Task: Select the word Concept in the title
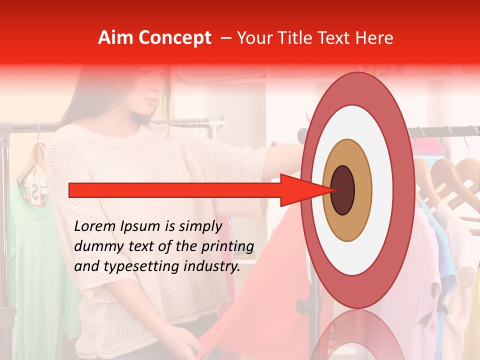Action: [174, 38]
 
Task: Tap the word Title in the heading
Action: [300, 38]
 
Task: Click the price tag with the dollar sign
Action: [35, 190]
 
